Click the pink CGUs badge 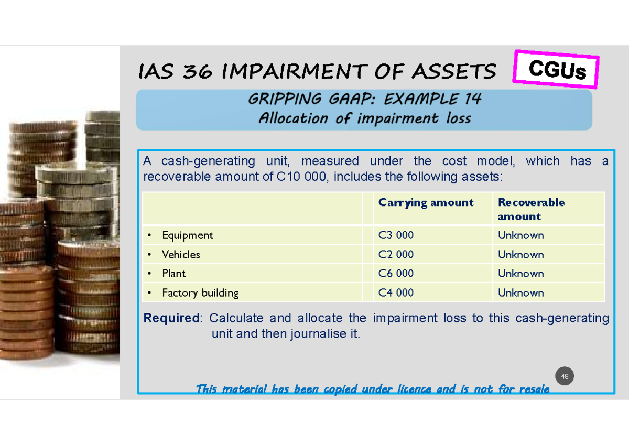click(x=556, y=69)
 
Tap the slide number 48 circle click(x=565, y=376)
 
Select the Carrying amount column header click(x=426, y=203)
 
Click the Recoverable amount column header click(x=530, y=209)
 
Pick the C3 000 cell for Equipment click(x=396, y=235)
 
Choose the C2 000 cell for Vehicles click(x=396, y=255)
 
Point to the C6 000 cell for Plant click(x=396, y=274)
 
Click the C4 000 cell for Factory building click(x=396, y=293)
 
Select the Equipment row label click(x=187, y=235)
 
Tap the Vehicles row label click(x=181, y=255)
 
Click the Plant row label click(x=173, y=274)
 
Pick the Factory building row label click(x=200, y=293)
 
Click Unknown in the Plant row click(x=520, y=274)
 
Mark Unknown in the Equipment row click(x=520, y=235)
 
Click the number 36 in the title click(x=198, y=72)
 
